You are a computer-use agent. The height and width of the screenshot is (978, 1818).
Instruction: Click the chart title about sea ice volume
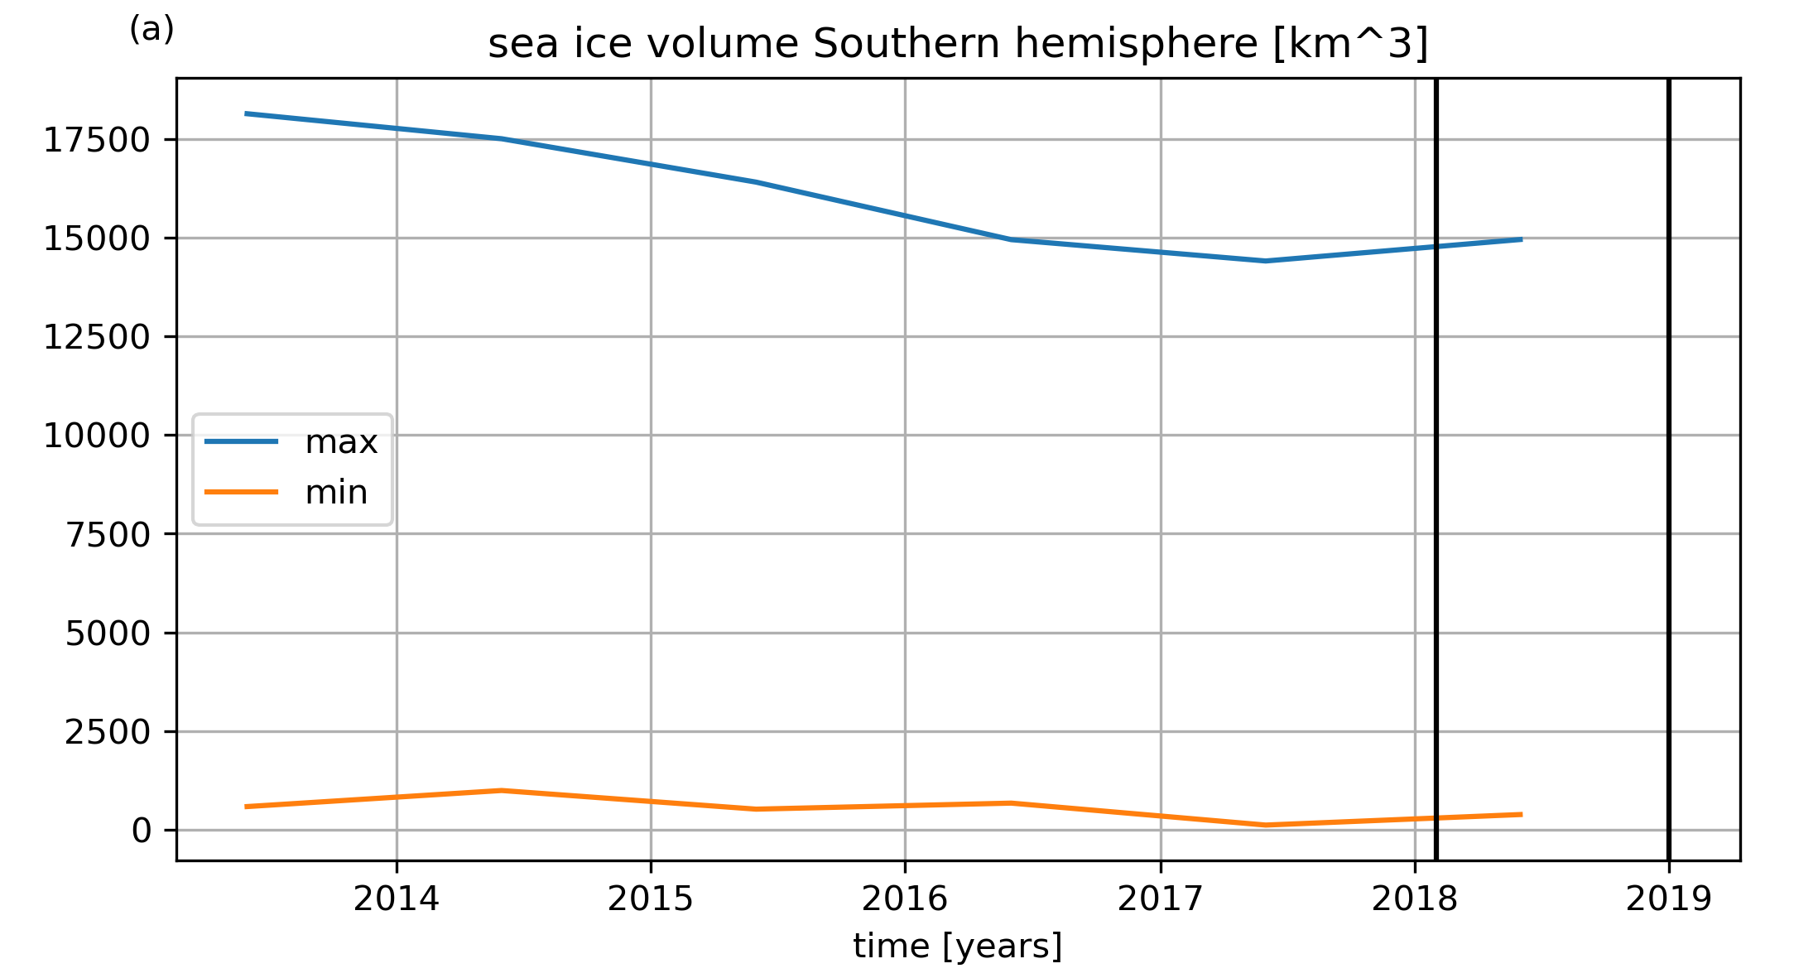958,45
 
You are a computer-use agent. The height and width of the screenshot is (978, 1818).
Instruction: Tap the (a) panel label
151,30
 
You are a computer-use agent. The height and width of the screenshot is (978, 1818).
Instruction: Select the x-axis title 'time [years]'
958,946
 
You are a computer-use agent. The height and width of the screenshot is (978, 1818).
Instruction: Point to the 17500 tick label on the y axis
97,141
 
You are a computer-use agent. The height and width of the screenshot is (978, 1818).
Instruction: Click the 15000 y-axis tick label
97,239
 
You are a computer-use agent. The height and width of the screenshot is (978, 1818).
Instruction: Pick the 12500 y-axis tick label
97,338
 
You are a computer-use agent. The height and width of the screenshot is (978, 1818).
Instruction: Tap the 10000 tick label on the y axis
97,436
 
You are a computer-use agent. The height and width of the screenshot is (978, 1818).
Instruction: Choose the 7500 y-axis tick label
108,535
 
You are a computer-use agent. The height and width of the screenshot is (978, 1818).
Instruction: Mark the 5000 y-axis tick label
108,634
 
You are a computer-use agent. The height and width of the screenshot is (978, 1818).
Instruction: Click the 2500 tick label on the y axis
108,733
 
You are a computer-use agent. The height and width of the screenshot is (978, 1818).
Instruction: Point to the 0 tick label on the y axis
142,831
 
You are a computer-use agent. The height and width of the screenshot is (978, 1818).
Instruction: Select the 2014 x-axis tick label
397,899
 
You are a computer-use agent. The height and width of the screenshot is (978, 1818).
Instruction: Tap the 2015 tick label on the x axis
651,899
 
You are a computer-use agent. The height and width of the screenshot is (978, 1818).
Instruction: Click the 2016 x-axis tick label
905,899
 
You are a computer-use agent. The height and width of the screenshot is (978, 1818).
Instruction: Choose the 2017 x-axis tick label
1161,899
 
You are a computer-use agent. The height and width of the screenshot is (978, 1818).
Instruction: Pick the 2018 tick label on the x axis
1415,899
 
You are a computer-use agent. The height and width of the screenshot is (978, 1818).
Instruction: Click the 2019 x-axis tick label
1669,899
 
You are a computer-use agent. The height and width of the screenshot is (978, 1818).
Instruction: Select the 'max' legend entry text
341,443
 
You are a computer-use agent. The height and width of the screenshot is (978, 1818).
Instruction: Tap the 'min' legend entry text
336,493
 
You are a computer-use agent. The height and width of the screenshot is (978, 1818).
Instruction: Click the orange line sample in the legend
242,492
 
